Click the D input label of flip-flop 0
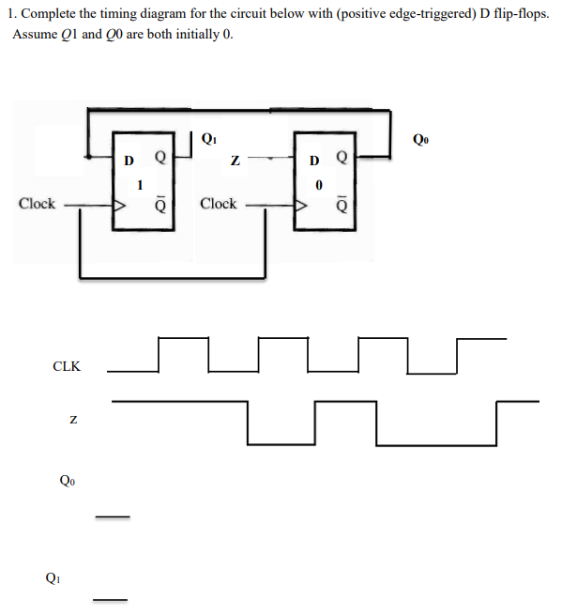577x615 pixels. coord(316,159)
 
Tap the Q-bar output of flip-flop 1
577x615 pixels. coord(160,204)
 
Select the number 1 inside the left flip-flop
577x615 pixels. coord(140,185)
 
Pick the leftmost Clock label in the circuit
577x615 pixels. coord(38,204)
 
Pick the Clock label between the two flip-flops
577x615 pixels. coord(219,204)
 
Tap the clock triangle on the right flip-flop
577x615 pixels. coord(302,204)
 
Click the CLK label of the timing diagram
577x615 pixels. coord(66,366)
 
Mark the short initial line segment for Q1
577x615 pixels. coord(109,600)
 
